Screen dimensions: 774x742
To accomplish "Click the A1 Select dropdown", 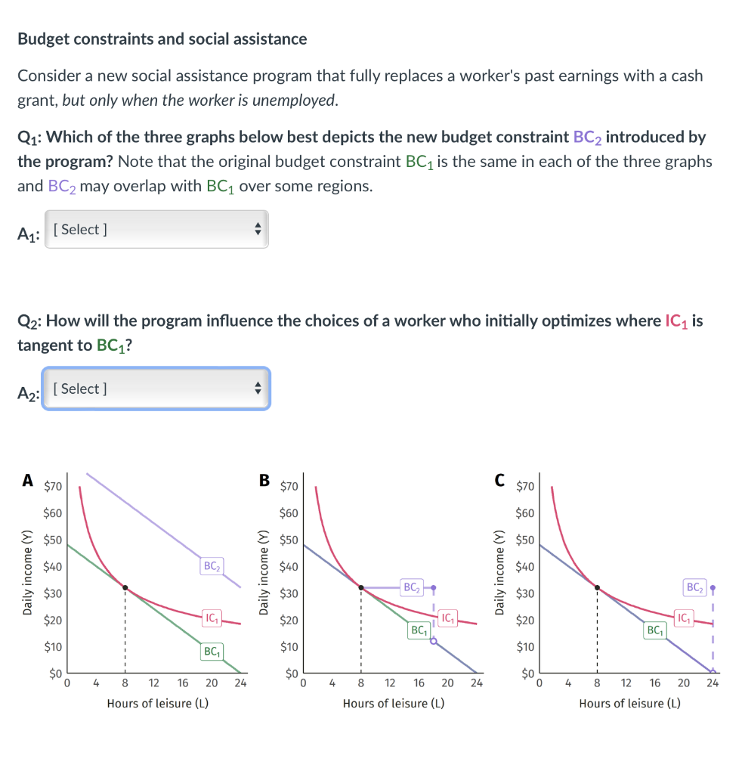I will coord(156,229).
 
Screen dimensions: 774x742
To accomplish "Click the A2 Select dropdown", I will coord(156,389).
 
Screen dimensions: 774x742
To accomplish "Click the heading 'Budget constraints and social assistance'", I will coord(162,39).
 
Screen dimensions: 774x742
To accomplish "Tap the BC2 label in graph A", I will coord(212,565).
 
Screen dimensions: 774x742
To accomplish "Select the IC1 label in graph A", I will coord(212,619).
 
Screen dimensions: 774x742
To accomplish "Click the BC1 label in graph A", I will coord(212,651).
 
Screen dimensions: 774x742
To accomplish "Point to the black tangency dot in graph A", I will coord(125,587).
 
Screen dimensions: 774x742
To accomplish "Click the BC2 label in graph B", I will coord(411,587).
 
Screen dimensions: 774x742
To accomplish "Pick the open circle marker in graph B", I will coord(434,641).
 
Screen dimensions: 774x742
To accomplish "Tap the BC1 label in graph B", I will coord(418,630).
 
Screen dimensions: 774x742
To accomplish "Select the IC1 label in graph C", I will coord(683,619).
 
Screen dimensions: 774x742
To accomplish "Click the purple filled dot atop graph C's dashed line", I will coord(713,587).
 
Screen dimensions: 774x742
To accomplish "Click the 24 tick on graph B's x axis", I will coord(476,683).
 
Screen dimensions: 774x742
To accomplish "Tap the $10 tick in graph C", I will coord(525,647).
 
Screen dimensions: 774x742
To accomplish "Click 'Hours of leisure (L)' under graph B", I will coord(394,704).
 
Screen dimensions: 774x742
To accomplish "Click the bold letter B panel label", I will coord(264,479).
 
